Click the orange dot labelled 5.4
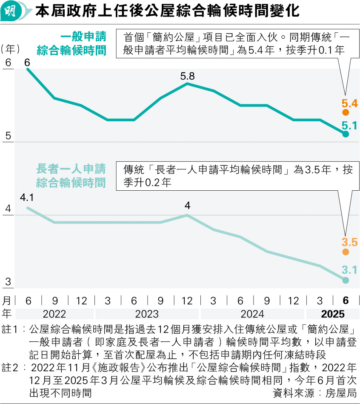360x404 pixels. coord(345,112)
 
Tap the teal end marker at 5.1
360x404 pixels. coord(345,134)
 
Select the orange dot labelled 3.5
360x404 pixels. coord(345,252)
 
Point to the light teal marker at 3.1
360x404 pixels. coord(345,280)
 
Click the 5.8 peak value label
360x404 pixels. coord(187,77)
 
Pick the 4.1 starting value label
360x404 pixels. coord(27,198)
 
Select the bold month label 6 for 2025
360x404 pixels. coord(345,301)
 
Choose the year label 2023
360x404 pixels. coord(147,314)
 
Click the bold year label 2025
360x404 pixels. coord(333,314)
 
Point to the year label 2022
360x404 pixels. coord(54,314)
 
